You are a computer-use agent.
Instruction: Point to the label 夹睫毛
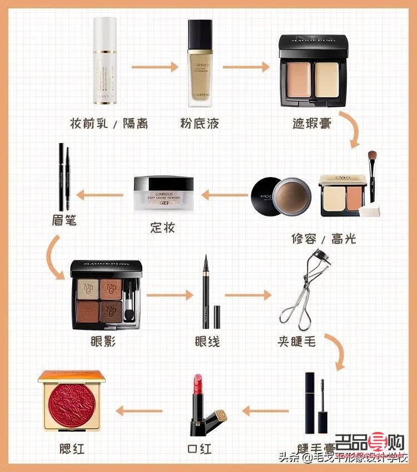pos(297,341)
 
